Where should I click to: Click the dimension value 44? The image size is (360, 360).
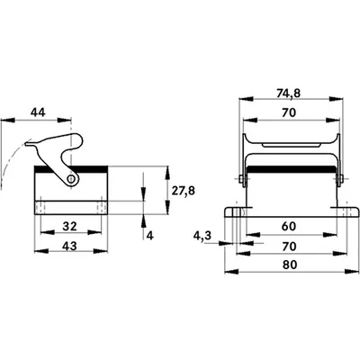(38, 112)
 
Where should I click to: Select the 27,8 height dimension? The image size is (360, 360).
(184, 190)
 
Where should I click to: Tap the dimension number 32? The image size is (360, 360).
(69, 226)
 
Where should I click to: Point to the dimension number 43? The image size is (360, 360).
(69, 246)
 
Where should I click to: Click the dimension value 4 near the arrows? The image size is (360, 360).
(150, 236)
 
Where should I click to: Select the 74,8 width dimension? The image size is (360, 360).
(288, 94)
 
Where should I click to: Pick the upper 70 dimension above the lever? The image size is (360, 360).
(289, 112)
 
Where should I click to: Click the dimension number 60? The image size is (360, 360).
(289, 226)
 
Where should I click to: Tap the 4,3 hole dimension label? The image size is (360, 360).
(202, 236)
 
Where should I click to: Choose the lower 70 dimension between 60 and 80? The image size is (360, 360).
(289, 247)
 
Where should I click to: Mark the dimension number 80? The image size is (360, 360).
(290, 265)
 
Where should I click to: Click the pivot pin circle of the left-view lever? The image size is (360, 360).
(71, 179)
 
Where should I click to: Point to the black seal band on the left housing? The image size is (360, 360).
(71, 169)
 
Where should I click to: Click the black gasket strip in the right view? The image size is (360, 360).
(291, 169)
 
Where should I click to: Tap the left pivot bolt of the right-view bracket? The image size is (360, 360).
(242, 179)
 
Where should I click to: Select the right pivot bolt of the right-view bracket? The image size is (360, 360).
(339, 179)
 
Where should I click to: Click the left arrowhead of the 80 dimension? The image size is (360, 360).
(231, 272)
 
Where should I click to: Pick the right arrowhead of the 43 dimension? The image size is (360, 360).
(101, 251)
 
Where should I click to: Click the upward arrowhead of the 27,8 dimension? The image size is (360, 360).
(167, 173)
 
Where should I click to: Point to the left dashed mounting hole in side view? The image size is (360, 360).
(40, 208)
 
